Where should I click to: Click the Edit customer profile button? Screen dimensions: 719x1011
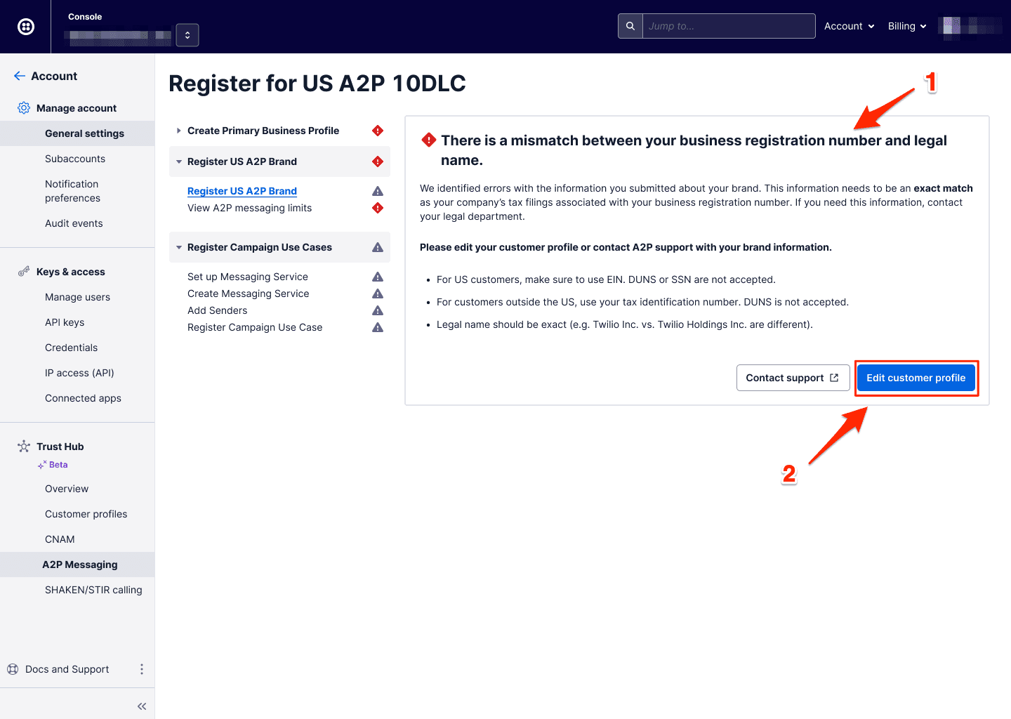coord(916,378)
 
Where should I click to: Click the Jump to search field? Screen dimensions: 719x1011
coord(728,26)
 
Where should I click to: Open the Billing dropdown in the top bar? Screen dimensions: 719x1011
coord(907,26)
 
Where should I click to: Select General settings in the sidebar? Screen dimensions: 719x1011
coord(84,133)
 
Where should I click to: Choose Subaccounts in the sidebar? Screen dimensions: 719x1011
coord(75,159)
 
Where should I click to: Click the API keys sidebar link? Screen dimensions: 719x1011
coord(65,322)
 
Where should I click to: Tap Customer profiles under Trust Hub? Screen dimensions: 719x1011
coord(86,514)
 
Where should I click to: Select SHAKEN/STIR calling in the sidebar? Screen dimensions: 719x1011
coord(93,590)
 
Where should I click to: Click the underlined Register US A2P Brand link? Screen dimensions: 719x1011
coord(242,191)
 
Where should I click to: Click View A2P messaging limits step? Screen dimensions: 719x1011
coord(249,208)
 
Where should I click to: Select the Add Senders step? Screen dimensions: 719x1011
coord(218,310)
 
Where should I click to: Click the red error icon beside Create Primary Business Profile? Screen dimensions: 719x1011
coord(378,131)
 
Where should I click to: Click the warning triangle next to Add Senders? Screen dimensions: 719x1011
coord(378,310)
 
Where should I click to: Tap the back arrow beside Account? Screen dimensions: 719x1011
coord(20,76)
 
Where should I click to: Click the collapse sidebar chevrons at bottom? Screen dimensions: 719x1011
coord(142,706)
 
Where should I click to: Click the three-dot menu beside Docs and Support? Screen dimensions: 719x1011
coord(142,669)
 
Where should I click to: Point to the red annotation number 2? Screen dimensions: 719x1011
coord(789,475)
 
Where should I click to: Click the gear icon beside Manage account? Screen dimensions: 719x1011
coord(24,108)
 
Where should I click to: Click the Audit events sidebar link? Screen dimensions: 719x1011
coord(74,223)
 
